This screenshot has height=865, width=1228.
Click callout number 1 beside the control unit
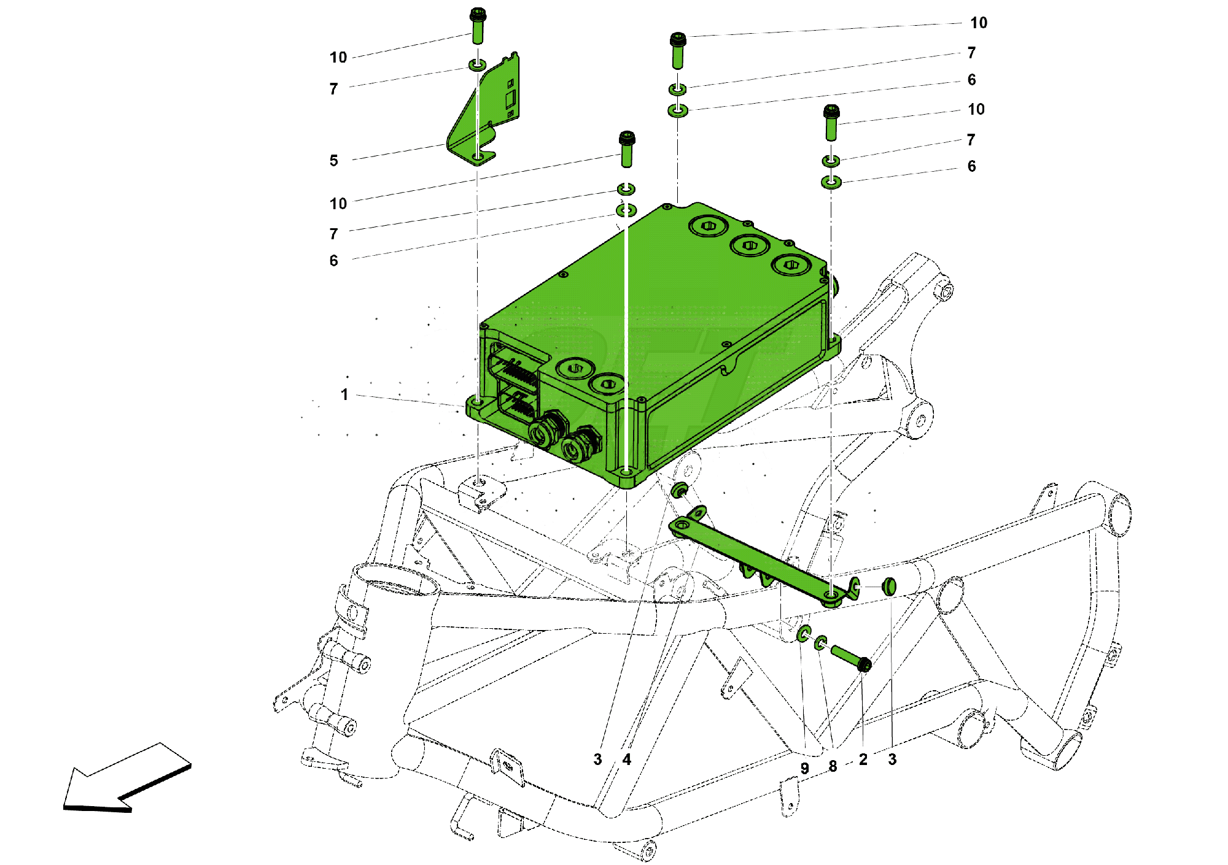click(344, 394)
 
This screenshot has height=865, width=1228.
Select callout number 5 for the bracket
click(333, 160)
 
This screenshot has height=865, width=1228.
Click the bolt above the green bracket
click(478, 26)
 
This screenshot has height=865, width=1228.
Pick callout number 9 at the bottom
click(804, 768)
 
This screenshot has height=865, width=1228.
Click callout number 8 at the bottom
click(833, 766)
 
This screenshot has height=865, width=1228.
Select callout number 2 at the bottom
click(863, 759)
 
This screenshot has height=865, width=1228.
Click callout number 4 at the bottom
click(626, 759)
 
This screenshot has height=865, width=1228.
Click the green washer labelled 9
click(803, 634)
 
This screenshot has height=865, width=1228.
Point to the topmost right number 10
click(978, 23)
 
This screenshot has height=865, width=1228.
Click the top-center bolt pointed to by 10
click(678, 50)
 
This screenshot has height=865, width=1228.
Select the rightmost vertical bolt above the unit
click(831, 122)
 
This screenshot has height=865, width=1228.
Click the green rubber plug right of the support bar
click(888, 586)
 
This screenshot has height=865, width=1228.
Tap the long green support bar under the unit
click(755, 558)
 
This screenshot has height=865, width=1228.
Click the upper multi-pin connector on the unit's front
click(513, 369)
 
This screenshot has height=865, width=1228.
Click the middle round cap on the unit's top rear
click(750, 245)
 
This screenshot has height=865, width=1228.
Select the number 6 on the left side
click(333, 261)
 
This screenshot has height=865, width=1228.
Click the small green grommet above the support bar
click(678, 490)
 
